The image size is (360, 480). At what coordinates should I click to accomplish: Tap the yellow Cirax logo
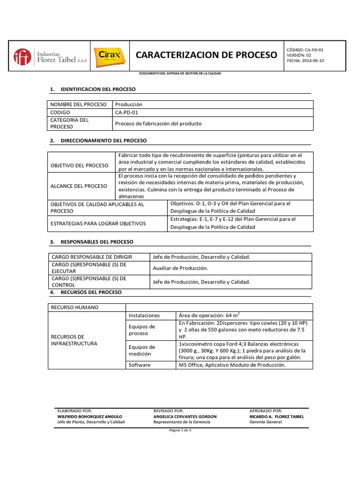(x=109, y=56)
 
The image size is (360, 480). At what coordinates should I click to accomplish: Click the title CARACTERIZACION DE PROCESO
(x=206, y=55)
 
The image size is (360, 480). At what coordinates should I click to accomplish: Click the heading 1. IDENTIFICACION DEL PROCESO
(x=92, y=89)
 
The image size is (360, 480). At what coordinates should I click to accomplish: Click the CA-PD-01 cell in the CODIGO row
(x=127, y=112)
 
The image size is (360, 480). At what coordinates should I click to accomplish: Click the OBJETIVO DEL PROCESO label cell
(x=79, y=165)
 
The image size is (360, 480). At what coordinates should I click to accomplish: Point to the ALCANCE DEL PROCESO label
(x=79, y=186)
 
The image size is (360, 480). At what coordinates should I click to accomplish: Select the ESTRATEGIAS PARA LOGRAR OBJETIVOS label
(x=98, y=223)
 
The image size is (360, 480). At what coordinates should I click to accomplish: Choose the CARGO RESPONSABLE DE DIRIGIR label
(x=92, y=257)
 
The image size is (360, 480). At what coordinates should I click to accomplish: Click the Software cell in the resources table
(x=139, y=365)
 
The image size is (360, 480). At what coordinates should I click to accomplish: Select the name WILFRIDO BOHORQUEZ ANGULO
(x=89, y=416)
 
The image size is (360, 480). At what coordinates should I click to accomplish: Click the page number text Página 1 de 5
(x=180, y=430)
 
